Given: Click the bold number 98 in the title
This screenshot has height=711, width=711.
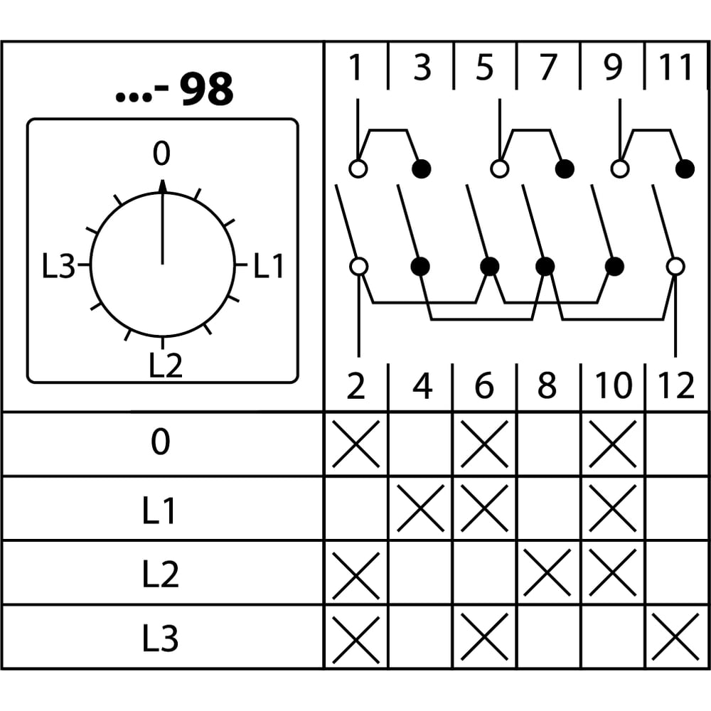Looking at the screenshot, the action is [207, 89].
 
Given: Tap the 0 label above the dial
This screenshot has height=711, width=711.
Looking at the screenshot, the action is [161, 154].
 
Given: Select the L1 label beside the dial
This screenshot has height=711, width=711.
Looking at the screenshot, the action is [269, 266].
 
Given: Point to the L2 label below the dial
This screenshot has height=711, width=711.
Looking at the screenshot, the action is [166, 365].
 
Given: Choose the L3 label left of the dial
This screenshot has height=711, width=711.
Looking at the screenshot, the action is [58, 266].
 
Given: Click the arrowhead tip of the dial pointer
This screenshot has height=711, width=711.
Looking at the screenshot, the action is [162, 180].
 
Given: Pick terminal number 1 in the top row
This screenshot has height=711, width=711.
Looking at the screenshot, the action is [355, 68].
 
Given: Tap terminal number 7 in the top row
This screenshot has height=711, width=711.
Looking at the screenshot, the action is [547, 68].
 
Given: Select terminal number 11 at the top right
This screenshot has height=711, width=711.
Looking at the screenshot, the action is [675, 68].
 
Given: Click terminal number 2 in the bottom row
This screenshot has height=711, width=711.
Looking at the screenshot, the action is [355, 386].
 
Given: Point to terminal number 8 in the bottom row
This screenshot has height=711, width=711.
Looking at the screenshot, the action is [547, 386].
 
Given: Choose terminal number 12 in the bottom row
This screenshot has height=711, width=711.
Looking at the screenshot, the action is [675, 386].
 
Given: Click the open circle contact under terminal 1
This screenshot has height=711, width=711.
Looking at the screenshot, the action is [358, 169].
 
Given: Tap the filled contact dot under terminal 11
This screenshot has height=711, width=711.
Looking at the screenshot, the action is [685, 169].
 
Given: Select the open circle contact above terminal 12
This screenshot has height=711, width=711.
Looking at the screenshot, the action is [675, 267].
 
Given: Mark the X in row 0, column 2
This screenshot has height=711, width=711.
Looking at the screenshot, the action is [356, 444].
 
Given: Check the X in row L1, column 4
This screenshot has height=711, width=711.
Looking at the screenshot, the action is [420, 508].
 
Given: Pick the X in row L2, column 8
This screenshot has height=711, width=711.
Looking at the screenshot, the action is [547, 572].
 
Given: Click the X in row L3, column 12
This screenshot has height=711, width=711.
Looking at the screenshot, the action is [675, 636].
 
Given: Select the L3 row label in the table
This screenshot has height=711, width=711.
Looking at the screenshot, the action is [160, 638].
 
